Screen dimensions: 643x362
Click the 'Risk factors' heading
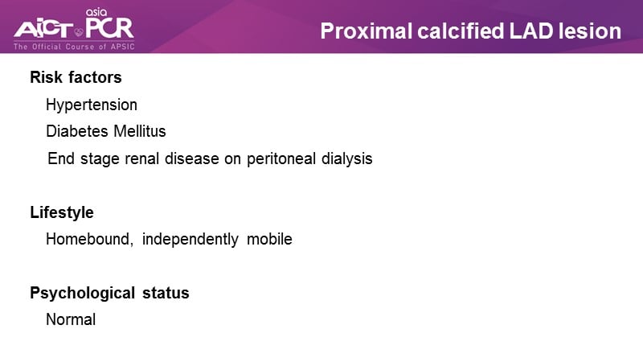tap(76, 77)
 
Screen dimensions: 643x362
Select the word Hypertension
tap(92, 105)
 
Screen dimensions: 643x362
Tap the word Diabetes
tap(77, 131)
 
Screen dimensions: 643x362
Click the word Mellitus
tap(140, 131)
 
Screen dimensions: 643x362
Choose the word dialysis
tap(347, 158)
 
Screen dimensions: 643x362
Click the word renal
tap(142, 158)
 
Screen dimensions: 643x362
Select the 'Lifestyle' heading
tap(62, 212)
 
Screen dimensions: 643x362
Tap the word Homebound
tap(89, 239)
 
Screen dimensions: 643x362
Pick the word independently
tap(190, 239)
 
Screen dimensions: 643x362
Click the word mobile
tap(269, 239)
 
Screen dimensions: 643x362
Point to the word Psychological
tap(83, 293)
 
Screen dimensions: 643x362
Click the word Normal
tap(71, 319)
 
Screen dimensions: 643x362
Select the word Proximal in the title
tap(367, 31)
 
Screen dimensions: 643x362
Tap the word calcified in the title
tap(461, 31)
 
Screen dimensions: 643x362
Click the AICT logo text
tap(43, 30)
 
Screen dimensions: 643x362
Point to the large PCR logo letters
tap(109, 27)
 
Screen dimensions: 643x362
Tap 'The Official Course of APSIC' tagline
tap(74, 47)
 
